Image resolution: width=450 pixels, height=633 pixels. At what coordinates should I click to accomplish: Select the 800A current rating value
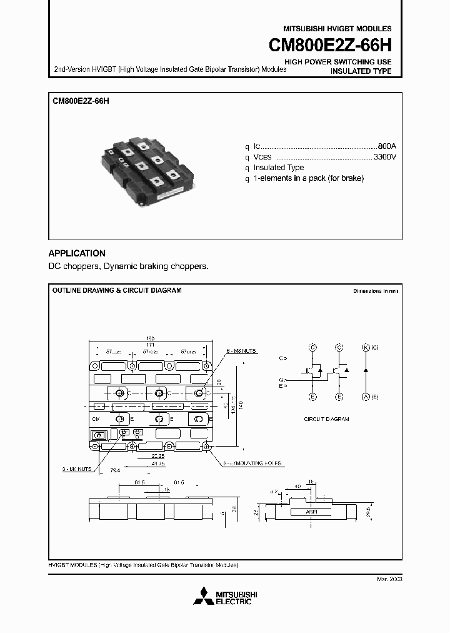(x=386, y=144)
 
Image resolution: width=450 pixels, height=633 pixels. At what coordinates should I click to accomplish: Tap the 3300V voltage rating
(x=384, y=156)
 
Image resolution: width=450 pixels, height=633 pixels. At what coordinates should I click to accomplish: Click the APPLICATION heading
(x=77, y=253)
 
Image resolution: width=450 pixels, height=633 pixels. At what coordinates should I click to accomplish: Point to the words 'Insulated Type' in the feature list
(x=279, y=168)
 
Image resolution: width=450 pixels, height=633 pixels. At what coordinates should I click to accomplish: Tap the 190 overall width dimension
(x=150, y=338)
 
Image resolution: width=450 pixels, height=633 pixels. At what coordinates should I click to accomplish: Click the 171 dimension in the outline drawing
(x=150, y=345)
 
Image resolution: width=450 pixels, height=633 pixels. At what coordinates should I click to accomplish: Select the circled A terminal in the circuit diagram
(x=366, y=397)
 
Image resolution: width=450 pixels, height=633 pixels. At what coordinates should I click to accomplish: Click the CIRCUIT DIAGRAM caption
(x=326, y=418)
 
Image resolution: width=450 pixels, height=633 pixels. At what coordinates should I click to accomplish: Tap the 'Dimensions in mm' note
(x=375, y=291)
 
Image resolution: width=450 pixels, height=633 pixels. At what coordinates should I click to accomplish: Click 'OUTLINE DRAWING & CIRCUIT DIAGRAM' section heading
(x=116, y=291)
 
